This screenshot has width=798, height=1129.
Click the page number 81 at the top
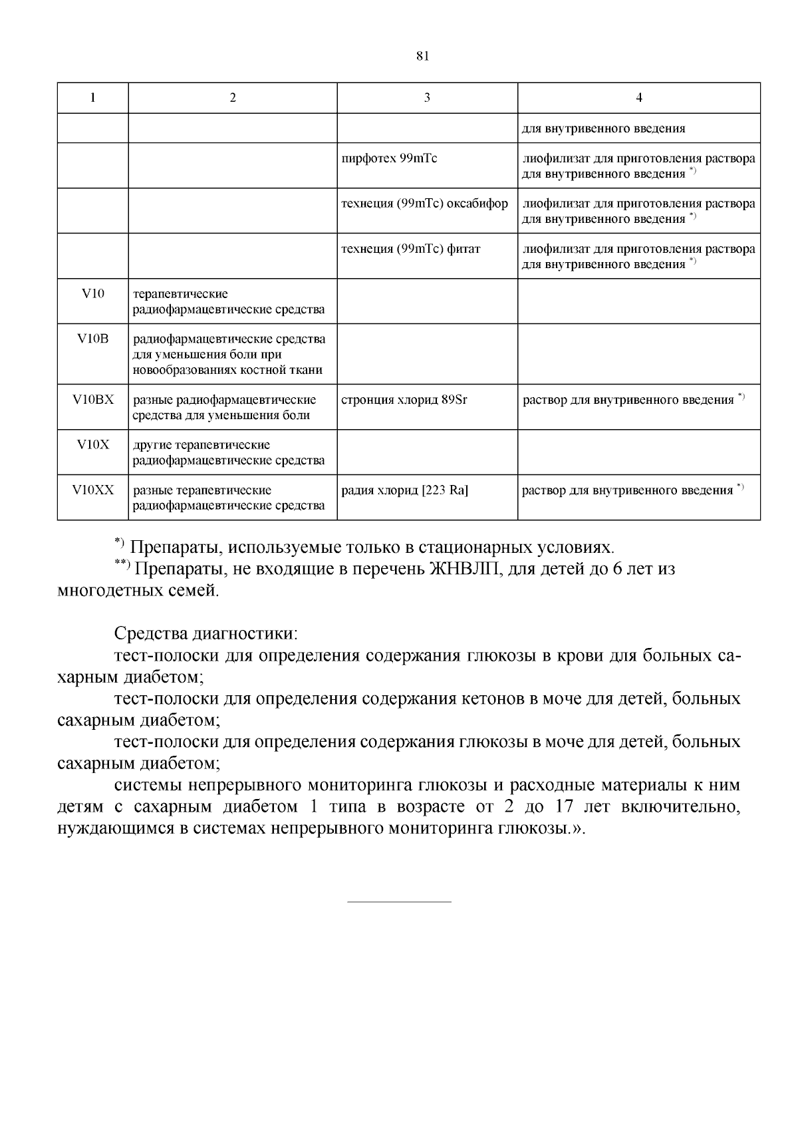[x=422, y=56]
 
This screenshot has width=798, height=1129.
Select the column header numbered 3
[x=427, y=98]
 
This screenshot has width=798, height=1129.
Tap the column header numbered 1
[x=92, y=98]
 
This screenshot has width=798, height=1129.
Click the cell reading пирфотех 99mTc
[x=389, y=159]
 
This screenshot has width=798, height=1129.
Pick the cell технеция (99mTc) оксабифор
[x=424, y=204]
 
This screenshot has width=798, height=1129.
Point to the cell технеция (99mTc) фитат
[x=410, y=249]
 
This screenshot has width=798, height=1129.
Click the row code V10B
[x=92, y=339]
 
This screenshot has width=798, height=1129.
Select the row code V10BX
[x=92, y=400]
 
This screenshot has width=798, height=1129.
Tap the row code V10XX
[x=92, y=490]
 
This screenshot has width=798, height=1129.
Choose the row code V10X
[x=92, y=445]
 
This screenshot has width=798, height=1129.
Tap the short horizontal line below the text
[x=399, y=902]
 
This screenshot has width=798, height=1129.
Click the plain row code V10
[x=92, y=293]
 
